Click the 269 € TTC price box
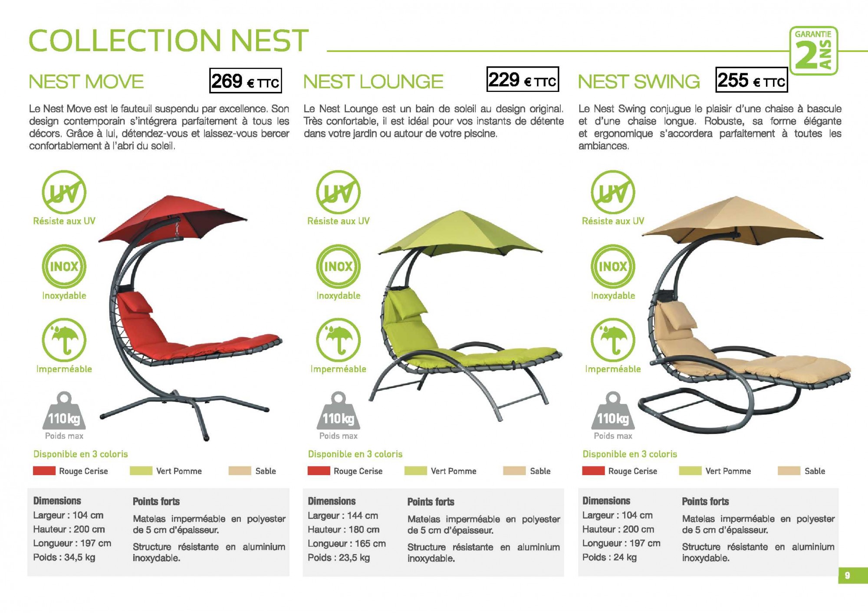pos(245,81)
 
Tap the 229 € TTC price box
pos(523,79)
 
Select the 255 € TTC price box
pos(751,80)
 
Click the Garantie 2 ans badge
pos(814,51)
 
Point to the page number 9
pos(847,575)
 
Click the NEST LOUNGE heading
pos(373,82)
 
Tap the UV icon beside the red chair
pos(64,192)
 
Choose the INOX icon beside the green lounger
pos(339,266)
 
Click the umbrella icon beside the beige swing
pos(613,340)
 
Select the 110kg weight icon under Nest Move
pos(64,412)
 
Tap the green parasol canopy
pos(460,234)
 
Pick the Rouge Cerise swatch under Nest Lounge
pos(319,471)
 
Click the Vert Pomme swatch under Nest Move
pos(141,471)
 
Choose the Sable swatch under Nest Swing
pos(789,471)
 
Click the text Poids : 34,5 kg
pos(64,557)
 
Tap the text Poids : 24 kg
pos(609,557)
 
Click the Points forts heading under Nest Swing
pos(705,502)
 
